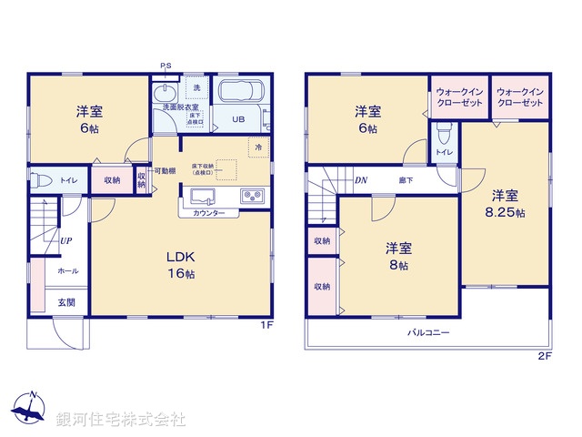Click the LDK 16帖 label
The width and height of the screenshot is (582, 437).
point(180,265)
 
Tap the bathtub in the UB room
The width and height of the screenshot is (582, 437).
point(239,94)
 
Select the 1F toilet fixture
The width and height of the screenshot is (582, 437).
point(41,180)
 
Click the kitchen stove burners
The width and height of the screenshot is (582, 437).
point(252,196)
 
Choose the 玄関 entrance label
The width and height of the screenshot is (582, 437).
point(67,301)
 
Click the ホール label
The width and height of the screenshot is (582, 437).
point(67,270)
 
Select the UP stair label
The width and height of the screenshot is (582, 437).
point(66,241)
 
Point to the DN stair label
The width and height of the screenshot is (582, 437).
point(361,181)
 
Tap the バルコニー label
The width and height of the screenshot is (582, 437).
point(428,333)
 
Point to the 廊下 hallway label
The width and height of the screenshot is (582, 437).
point(406,181)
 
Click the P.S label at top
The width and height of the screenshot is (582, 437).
point(166,66)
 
